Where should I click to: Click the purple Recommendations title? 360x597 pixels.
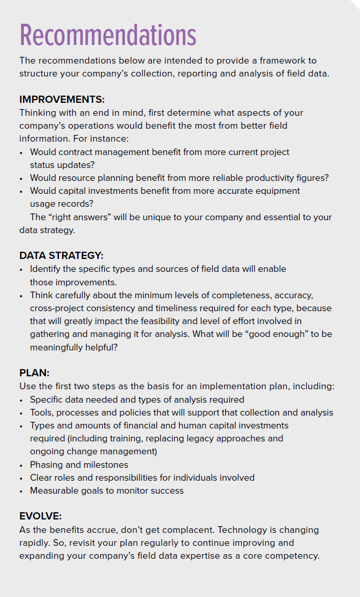[x=108, y=35]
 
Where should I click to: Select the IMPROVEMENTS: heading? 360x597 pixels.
[x=62, y=100]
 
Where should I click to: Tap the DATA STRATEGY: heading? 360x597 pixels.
[x=61, y=256]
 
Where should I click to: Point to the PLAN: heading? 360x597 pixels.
[x=34, y=373]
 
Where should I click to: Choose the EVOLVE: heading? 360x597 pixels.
[x=41, y=516]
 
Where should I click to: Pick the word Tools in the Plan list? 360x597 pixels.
[x=41, y=412]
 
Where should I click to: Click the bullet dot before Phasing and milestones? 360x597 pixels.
[x=21, y=465]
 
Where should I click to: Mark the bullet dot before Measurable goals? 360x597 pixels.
[x=21, y=491]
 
